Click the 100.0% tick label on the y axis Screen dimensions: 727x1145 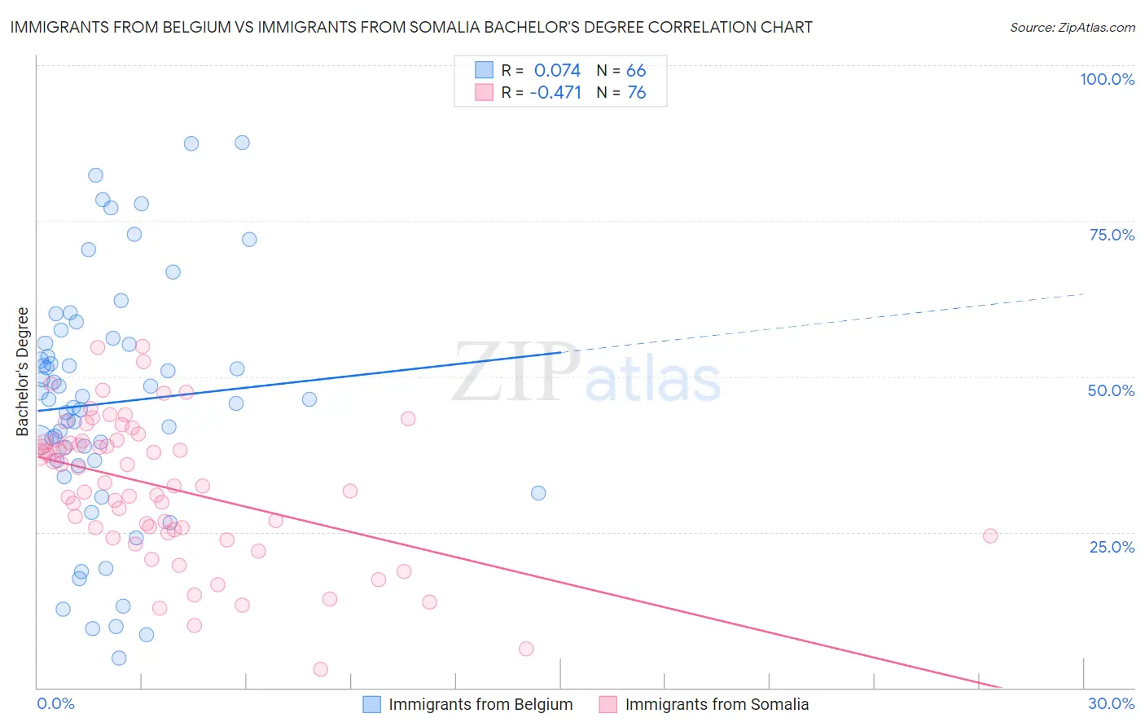click(x=1107, y=79)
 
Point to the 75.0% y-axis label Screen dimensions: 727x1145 click(x=1112, y=235)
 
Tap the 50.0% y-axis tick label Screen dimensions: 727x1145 click(x=1111, y=390)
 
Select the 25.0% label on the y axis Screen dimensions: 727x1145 click(x=1112, y=547)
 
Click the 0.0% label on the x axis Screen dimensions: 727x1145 click(x=55, y=703)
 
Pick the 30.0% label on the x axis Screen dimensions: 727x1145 click(x=1111, y=703)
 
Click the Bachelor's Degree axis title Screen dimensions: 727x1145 click(x=23, y=372)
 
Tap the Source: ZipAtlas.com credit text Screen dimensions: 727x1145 click(x=1072, y=27)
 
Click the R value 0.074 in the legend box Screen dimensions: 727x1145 click(x=557, y=70)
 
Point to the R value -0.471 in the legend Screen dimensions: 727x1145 click(x=555, y=93)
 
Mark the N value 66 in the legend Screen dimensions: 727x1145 click(x=636, y=70)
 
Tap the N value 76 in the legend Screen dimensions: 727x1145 click(x=636, y=93)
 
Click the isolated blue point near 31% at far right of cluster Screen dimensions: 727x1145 click(x=538, y=493)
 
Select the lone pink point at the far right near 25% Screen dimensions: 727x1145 click(x=990, y=535)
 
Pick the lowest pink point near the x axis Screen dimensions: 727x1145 click(x=321, y=669)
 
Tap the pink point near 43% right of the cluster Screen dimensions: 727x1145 click(x=408, y=419)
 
